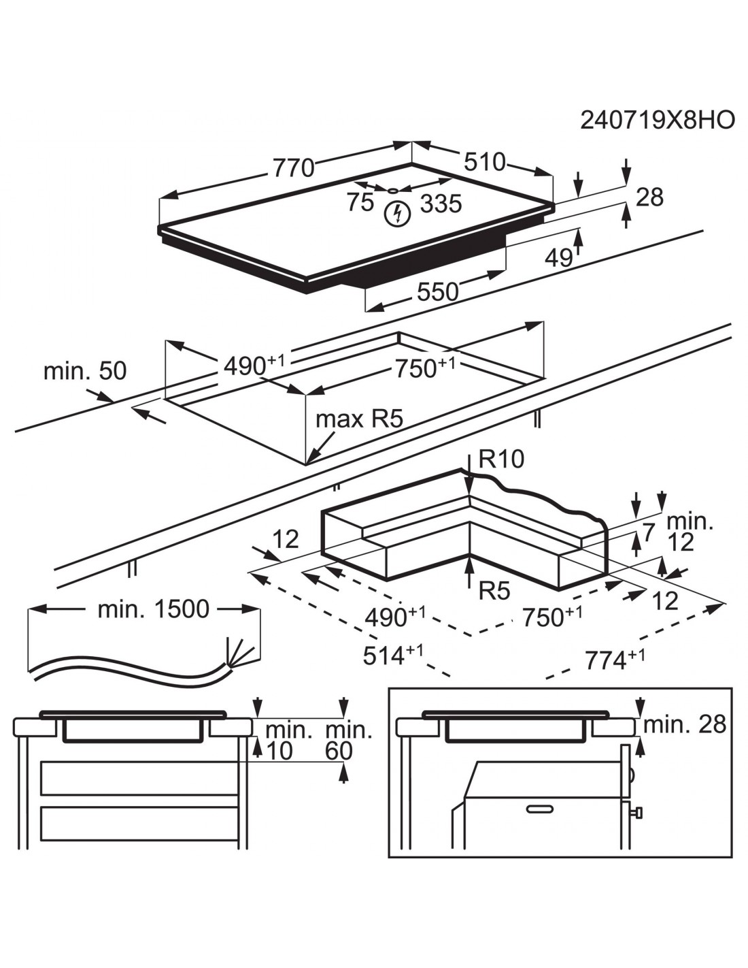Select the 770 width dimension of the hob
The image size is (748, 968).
[x=294, y=167]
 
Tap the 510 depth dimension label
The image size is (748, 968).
[x=485, y=162]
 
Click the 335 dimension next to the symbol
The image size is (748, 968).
[x=441, y=203]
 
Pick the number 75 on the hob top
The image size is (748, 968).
[x=360, y=202]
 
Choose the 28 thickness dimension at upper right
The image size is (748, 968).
[x=649, y=197]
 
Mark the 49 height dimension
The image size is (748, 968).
[x=560, y=257]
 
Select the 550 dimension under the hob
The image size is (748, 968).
[x=437, y=291]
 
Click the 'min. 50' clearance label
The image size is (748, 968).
[x=85, y=371]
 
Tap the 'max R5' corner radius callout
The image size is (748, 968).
[x=359, y=419]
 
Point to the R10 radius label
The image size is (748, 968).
[x=501, y=459]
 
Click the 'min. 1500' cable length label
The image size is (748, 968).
[x=153, y=609]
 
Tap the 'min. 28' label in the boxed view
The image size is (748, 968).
[x=684, y=724]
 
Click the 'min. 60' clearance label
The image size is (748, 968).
[x=349, y=741]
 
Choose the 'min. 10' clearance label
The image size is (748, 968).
[x=288, y=741]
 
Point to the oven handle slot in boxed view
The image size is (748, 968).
[x=541, y=808]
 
